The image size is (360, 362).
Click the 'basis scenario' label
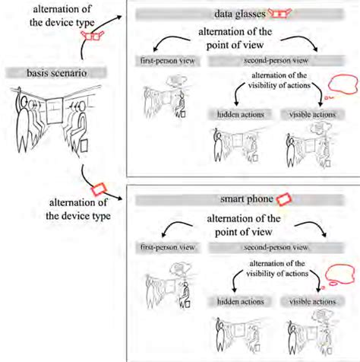coord(49,73)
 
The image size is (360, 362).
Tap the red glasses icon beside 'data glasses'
coord(282,15)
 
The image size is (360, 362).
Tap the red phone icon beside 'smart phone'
coord(283,198)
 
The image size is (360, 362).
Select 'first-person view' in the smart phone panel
coord(163,248)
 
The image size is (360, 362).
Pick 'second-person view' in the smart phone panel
coord(274,248)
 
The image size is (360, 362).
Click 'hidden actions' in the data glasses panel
coord(235,114)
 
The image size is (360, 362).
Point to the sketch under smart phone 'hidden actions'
coord(233,332)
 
